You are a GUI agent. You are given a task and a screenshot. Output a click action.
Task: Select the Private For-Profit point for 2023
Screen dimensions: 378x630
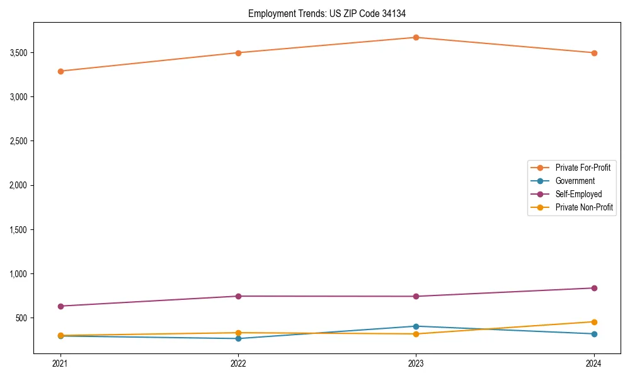coord(416,37)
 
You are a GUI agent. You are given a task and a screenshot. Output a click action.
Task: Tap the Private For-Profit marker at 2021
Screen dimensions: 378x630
coord(60,71)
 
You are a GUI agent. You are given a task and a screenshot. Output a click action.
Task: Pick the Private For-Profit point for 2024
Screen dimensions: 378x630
coord(594,53)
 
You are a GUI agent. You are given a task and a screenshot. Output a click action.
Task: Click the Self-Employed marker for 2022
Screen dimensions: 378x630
coord(238,296)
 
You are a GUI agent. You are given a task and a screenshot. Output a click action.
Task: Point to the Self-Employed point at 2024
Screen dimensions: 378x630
coord(594,288)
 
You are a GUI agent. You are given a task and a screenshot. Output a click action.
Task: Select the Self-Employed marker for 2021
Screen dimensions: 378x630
coord(60,306)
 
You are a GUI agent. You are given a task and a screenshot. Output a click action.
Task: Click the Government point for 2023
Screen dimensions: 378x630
coord(416,326)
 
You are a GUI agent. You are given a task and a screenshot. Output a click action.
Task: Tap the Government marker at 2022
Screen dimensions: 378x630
coord(238,338)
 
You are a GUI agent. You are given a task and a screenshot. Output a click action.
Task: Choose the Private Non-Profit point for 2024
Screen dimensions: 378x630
coord(594,322)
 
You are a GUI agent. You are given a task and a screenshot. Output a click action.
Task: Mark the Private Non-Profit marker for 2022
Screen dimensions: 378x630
coord(238,333)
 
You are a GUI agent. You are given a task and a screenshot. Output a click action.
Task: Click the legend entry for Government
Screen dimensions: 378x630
coord(575,181)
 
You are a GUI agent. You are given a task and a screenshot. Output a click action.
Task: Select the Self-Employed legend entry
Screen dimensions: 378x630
coord(578,194)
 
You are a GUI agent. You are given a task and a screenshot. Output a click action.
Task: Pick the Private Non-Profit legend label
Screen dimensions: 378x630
coord(584,207)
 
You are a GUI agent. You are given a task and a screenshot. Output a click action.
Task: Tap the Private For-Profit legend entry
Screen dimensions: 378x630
coord(583,168)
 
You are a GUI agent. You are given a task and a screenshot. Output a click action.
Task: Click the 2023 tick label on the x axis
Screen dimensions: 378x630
coord(416,363)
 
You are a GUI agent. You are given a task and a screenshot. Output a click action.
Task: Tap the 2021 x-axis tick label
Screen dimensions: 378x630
coord(60,363)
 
